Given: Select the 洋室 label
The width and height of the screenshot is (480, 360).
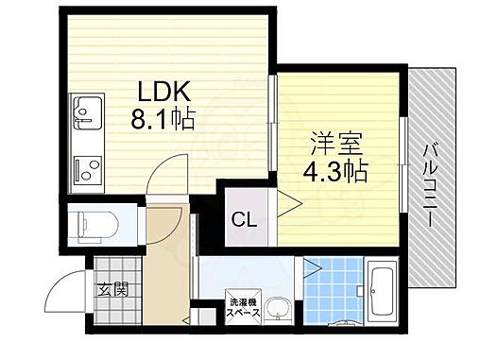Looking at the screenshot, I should click(334, 146).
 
